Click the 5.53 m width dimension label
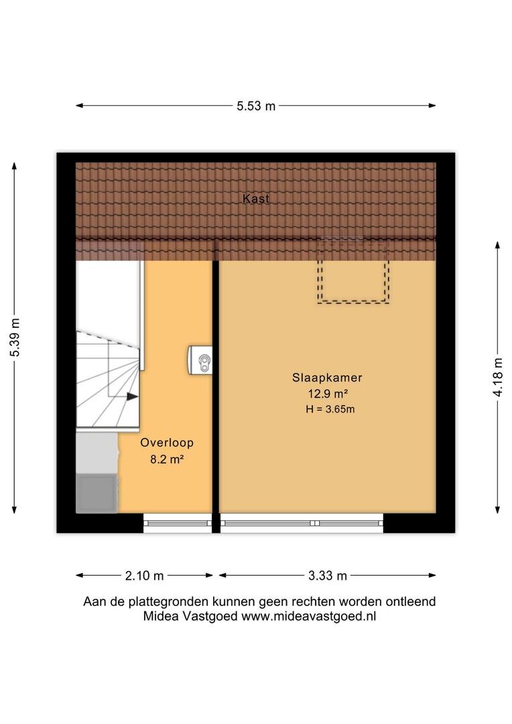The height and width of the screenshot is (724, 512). [x=256, y=106]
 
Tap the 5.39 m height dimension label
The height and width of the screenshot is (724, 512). [x=15, y=337]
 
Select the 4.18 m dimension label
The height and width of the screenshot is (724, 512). [x=498, y=377]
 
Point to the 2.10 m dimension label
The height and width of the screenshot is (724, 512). [x=144, y=576]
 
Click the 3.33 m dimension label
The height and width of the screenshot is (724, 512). [x=327, y=576]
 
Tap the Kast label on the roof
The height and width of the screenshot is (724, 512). [x=256, y=198]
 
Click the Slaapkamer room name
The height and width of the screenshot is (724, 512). [x=327, y=377]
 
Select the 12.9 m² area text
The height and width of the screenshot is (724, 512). [x=328, y=394]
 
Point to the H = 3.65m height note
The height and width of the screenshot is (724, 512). [x=330, y=409]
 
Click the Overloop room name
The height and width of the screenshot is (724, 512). [x=167, y=442]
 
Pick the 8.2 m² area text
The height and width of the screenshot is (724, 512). [x=167, y=459]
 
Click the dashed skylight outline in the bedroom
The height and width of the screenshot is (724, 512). [x=353, y=302]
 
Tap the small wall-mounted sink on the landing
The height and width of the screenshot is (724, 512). [x=200, y=360]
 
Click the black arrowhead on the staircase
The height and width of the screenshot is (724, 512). [x=133, y=397]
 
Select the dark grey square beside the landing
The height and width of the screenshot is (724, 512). [x=97, y=493]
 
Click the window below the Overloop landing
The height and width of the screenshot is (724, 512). [x=178, y=523]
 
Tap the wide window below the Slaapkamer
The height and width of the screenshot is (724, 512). [x=302, y=523]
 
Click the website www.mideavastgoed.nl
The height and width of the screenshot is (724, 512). [x=308, y=616]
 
